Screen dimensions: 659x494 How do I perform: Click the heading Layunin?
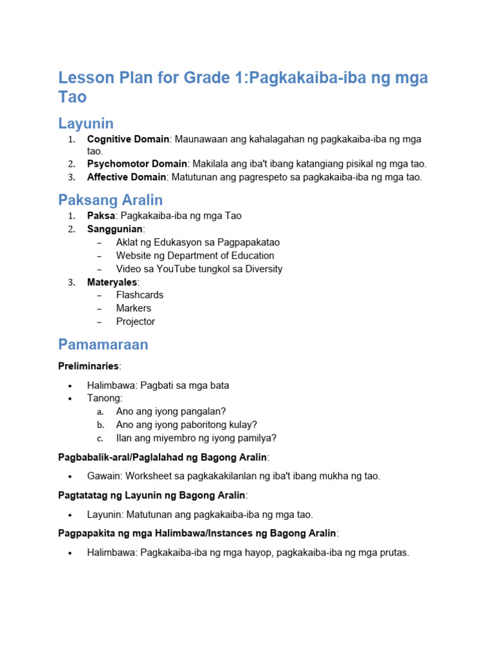(86, 123)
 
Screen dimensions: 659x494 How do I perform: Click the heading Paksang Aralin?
(110, 200)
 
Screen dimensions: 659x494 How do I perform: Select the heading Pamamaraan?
(103, 344)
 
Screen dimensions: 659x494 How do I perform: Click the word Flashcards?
(140, 295)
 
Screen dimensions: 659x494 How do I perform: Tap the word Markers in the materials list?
(134, 308)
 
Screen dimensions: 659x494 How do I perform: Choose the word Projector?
(136, 321)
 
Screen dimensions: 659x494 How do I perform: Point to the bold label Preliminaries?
(89, 366)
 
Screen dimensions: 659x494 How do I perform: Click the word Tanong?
(104, 398)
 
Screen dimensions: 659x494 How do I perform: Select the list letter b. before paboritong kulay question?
(100, 425)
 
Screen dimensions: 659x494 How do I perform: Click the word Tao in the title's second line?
(72, 97)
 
